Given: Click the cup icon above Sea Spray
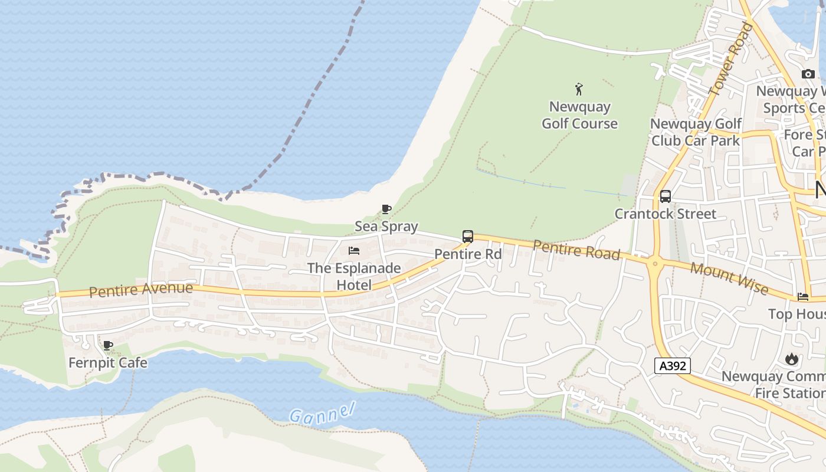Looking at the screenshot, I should (x=386, y=209).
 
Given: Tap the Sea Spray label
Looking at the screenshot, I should (x=386, y=226).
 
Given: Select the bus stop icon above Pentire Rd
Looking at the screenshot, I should (x=468, y=237).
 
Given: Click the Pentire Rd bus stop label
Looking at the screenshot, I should (x=468, y=254).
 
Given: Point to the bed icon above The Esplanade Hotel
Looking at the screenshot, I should (x=354, y=251).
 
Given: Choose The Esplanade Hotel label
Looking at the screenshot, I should (x=354, y=276).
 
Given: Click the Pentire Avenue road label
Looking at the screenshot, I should (x=141, y=290).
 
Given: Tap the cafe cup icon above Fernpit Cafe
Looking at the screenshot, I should (x=108, y=345).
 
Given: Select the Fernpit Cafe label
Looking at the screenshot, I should (x=108, y=362).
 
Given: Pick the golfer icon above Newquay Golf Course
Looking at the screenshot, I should (x=579, y=90).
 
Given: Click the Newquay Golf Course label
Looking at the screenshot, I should (x=579, y=115).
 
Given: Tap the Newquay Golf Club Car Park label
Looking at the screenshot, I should (x=696, y=132).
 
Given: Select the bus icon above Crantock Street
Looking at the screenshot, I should (x=666, y=196).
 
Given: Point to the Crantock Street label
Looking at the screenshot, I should (x=666, y=214).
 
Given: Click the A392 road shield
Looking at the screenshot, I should (x=673, y=366).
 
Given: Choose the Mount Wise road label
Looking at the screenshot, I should (x=729, y=278).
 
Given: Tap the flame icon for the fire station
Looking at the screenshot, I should (x=792, y=359).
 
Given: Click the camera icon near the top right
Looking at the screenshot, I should (x=808, y=74).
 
